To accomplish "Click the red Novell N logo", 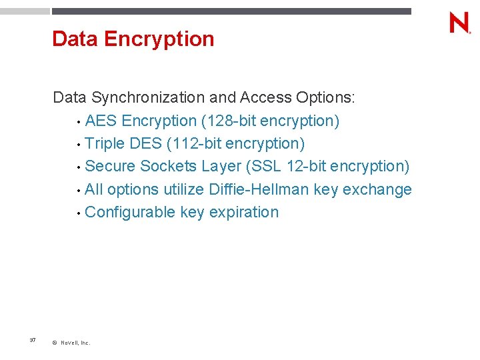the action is pos(459,23).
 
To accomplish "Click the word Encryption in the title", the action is pos(159,39).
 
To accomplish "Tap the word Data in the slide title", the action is pos(75,39).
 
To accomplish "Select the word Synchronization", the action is pos(148,98).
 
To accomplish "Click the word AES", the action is pos(102,121).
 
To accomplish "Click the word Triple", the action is pos(105,143).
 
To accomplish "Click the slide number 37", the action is pos(33,341).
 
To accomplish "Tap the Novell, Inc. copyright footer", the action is pos(71,343).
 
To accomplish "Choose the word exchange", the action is pos(378,189).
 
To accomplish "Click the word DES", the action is pos(145,143).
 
